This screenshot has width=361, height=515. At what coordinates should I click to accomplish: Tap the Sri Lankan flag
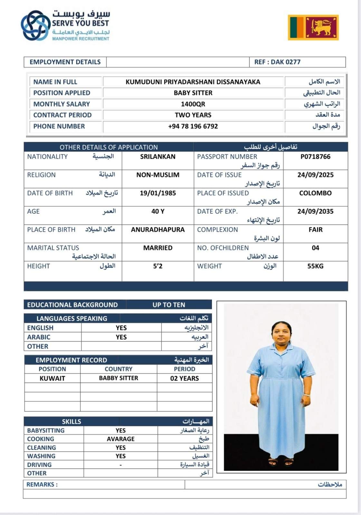[x=313, y=27]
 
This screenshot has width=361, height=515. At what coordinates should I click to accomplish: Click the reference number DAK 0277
[x=277, y=62]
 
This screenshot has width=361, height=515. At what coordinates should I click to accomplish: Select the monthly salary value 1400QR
[x=193, y=104]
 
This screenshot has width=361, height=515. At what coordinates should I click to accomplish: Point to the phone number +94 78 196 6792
[x=193, y=126]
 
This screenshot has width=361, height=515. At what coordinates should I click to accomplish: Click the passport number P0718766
[x=315, y=157]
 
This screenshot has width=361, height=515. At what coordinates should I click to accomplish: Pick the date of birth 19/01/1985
[x=158, y=193]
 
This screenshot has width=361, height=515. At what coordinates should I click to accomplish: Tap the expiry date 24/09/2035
[x=315, y=211]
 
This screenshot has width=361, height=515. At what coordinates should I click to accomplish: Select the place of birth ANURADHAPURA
[x=158, y=230]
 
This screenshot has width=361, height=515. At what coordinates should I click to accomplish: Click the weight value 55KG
[x=315, y=266]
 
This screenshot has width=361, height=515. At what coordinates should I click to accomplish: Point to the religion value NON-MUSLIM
[x=158, y=175]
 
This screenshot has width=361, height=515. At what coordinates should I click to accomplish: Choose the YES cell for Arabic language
[x=121, y=337]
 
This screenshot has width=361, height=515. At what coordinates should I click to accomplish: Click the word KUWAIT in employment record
[x=52, y=378]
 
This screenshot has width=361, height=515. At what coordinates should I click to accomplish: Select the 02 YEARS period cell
[x=185, y=378]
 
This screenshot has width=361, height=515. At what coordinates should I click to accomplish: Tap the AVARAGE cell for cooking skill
[x=121, y=439]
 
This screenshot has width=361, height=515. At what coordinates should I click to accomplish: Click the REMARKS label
[x=42, y=484]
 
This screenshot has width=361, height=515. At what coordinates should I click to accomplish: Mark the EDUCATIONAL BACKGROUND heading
[x=72, y=305]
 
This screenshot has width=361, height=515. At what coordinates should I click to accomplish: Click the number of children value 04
[x=315, y=248]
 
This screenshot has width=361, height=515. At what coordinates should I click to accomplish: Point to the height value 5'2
[x=158, y=266]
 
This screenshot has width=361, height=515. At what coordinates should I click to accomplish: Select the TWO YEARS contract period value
[x=193, y=115]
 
